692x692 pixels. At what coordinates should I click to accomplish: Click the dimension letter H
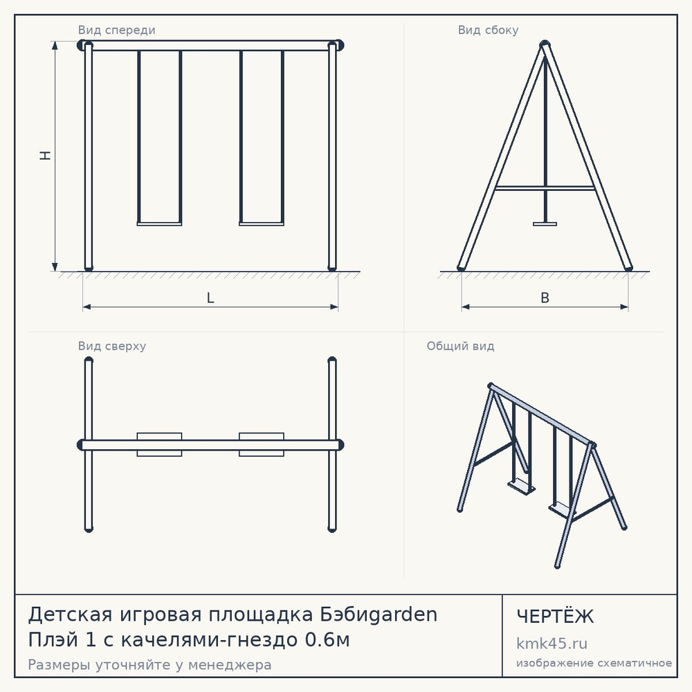click(46, 155)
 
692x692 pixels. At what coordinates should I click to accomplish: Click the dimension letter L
click(210, 298)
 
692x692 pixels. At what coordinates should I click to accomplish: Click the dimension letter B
click(545, 298)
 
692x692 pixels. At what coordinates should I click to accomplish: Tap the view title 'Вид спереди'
click(116, 30)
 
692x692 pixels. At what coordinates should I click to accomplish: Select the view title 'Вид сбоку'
click(488, 30)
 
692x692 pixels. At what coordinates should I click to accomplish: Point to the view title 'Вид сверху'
click(112, 346)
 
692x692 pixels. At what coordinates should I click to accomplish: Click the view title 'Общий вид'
click(460, 346)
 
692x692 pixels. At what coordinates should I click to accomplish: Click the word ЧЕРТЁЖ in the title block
click(555, 617)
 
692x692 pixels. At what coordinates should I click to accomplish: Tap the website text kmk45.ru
click(552, 644)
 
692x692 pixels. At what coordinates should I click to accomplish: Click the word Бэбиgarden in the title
click(379, 614)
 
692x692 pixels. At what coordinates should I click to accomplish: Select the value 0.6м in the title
click(327, 639)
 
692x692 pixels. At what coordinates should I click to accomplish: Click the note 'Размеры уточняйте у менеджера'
click(149, 664)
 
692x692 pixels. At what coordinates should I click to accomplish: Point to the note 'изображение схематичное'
click(594, 663)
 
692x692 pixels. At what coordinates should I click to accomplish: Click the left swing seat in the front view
click(159, 224)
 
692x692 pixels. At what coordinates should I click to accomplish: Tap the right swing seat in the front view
click(262, 224)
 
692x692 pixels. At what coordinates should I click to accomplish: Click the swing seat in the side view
click(545, 224)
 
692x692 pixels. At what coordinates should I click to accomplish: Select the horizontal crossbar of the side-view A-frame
click(545, 188)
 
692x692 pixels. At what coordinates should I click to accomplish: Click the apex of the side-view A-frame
click(545, 43)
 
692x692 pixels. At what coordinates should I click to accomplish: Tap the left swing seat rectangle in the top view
click(159, 444)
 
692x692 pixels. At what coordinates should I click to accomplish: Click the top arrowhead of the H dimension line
click(55, 45)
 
